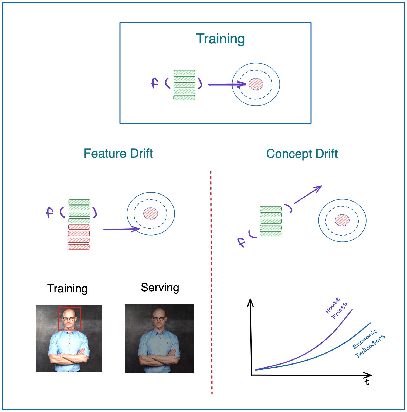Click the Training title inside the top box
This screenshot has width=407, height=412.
pos(220,39)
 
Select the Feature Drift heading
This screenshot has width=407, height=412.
pos(118,154)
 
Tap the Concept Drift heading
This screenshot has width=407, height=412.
pos(302,154)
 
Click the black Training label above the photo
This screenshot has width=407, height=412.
pos(67,288)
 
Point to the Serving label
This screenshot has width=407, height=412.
pos(160,288)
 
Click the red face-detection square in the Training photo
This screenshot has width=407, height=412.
pos(69,308)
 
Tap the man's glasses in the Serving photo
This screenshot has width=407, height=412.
pos(159,319)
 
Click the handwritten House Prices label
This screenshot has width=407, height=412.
pos(336,309)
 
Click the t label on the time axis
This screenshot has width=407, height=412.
pos(367,382)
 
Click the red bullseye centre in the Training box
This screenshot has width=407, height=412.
pos(256,84)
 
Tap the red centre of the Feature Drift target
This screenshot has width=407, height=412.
pos(151,213)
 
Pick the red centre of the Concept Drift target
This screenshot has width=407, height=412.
pos(342,220)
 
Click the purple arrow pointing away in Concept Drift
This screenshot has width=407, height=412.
pos(308,194)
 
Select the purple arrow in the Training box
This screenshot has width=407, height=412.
pos(227,85)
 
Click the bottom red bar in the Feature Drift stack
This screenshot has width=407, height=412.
pos(79,247)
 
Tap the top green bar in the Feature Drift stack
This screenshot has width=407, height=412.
pos(79,202)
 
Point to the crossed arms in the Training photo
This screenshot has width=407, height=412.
pos(69,357)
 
